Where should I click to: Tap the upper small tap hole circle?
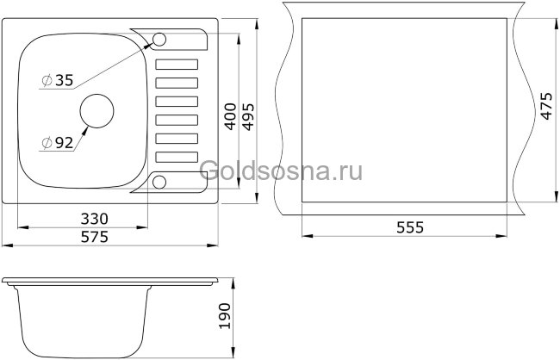(159, 39)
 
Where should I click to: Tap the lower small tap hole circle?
(159, 181)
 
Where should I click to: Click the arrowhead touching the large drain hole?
(85, 126)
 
